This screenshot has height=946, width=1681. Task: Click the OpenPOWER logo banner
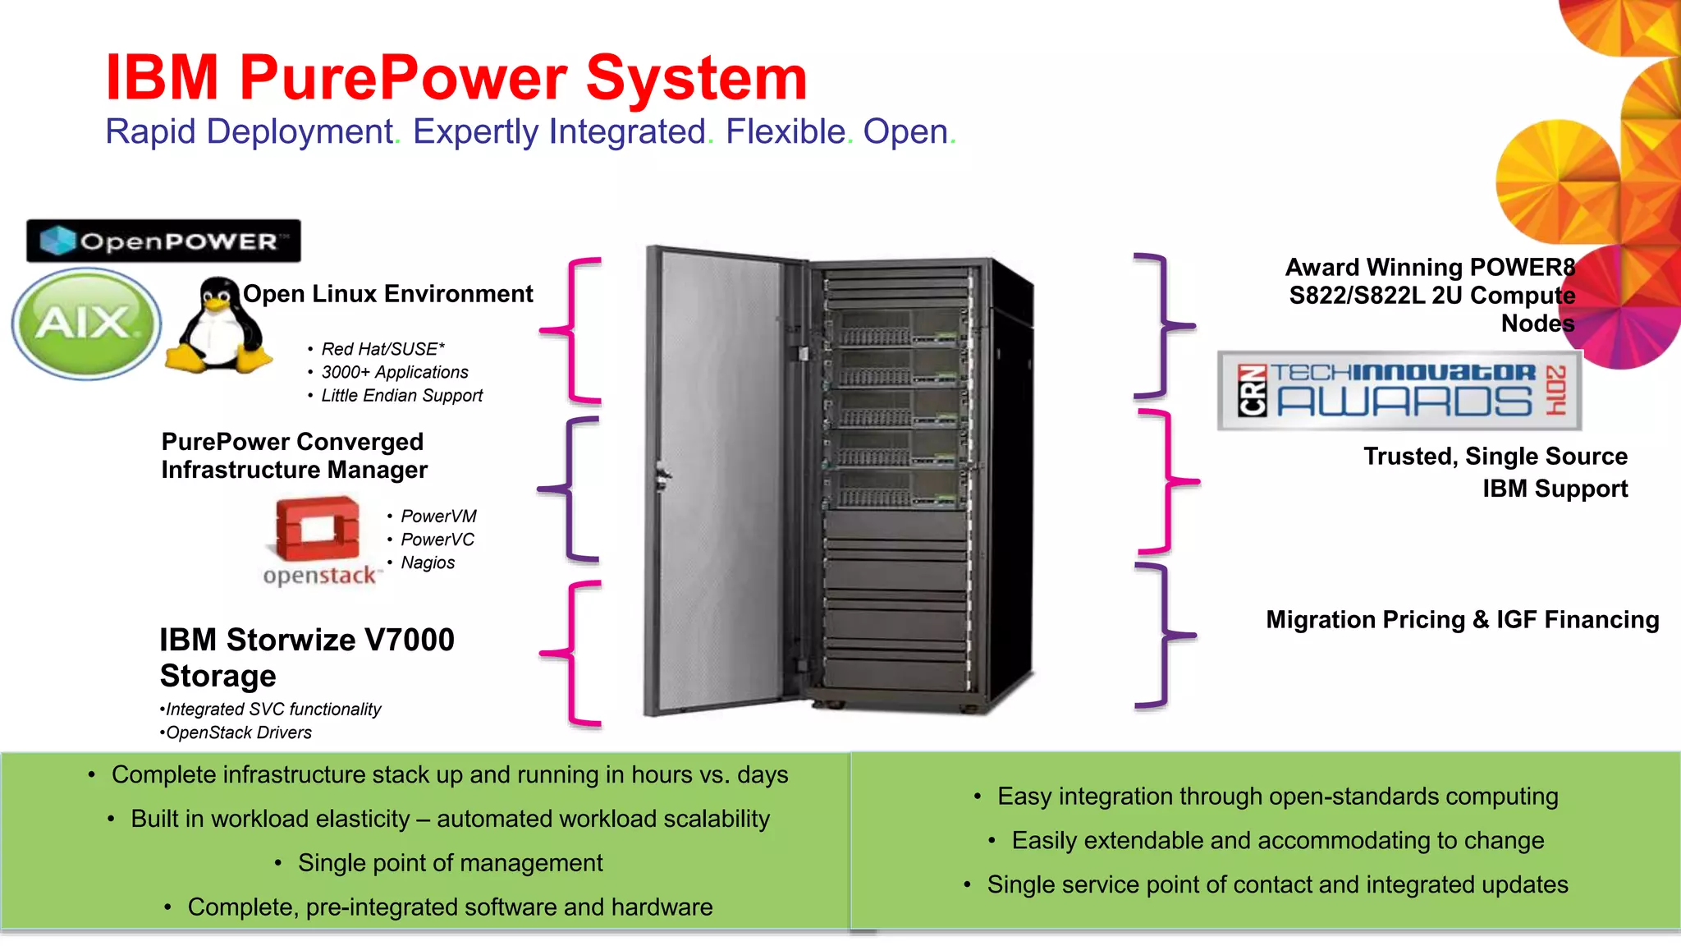(163, 241)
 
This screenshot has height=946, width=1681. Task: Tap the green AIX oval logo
(85, 323)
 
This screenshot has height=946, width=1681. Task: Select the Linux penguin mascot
(218, 327)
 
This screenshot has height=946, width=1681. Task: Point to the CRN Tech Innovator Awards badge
(1399, 391)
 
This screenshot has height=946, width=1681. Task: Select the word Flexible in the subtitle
(786, 131)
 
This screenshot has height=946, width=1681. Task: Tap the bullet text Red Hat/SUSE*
(382, 349)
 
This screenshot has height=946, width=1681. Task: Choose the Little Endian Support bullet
(401, 396)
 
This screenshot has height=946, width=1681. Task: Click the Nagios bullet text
(428, 563)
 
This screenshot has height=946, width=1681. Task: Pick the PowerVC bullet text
(437, 540)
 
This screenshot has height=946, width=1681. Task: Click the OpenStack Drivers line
(238, 732)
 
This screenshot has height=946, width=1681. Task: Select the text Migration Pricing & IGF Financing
(1462, 619)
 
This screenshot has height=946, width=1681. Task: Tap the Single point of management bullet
(450, 863)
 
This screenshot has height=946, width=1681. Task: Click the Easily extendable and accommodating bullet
(1277, 841)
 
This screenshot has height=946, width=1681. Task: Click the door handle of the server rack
(662, 475)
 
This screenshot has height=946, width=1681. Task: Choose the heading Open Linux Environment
(387, 294)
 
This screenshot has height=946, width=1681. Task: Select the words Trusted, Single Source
(1495, 457)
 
